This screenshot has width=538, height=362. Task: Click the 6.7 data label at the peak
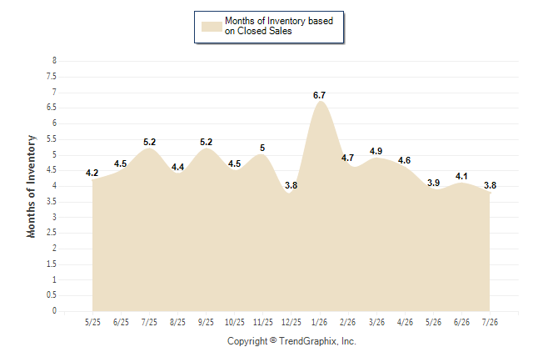click(x=319, y=95)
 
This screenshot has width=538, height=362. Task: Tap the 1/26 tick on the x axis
click(x=319, y=322)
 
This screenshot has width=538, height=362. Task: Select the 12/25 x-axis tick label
click(x=291, y=322)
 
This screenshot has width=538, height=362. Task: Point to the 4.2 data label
click(x=92, y=173)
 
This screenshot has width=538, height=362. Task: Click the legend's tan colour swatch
click(x=212, y=27)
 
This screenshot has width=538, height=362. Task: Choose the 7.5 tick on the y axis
click(x=52, y=76)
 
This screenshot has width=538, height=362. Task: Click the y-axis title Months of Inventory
click(x=31, y=186)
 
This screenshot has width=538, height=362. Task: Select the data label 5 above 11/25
click(x=262, y=148)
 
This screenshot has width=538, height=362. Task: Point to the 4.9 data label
click(x=376, y=151)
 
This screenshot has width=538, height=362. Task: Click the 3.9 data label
click(x=433, y=183)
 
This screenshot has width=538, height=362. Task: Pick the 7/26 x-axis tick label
click(x=490, y=322)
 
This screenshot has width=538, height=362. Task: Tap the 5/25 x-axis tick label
click(x=92, y=322)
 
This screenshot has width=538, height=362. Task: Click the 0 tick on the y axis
click(x=54, y=311)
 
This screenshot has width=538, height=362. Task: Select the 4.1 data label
click(x=461, y=176)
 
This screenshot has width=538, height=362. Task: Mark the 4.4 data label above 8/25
click(x=177, y=167)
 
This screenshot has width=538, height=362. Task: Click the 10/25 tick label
click(x=234, y=322)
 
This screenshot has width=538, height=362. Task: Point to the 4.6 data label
click(x=404, y=160)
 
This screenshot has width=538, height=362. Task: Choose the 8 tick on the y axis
click(x=54, y=61)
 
